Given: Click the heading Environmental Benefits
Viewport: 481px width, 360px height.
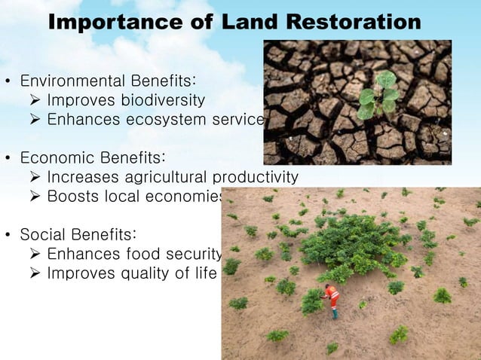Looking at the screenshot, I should pos(109,80).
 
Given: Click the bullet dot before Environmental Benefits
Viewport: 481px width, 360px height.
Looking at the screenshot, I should pos(8,81).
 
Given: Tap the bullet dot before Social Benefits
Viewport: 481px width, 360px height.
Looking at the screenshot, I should pos(8,235).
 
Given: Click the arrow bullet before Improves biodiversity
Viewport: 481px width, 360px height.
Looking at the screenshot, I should pos(35,100).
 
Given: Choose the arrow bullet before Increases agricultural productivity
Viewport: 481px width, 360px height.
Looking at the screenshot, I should pos(35,178).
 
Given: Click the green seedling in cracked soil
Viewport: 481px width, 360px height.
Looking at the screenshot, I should pos(378,96).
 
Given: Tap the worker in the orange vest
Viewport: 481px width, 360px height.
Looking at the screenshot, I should pos(332,297).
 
